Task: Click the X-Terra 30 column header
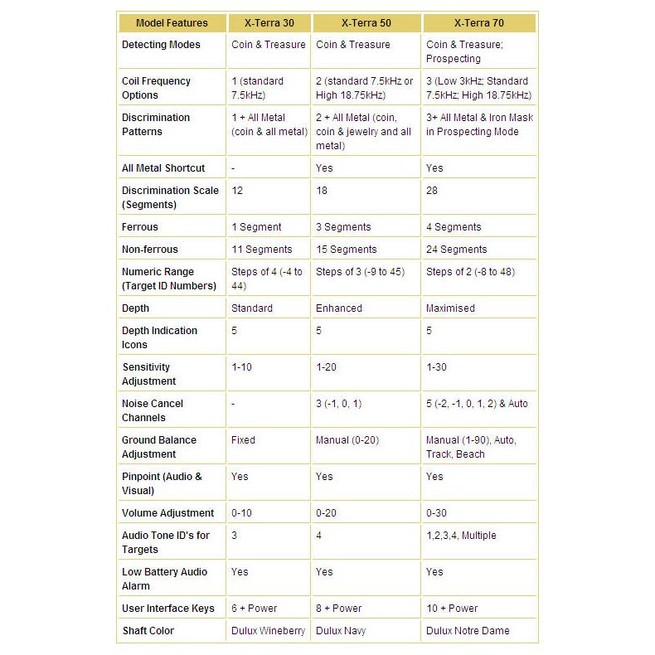pos(268,23)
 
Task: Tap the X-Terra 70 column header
pos(479,23)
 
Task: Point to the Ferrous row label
pos(139,227)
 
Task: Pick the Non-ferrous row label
pos(150,250)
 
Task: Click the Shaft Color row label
pos(148,631)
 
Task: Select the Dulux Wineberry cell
pos(268,631)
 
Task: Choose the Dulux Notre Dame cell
pos(468,631)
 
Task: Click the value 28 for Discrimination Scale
pos(432,191)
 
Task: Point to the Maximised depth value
pos(450,308)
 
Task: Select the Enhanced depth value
pos(339,308)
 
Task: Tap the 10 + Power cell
pos(452,609)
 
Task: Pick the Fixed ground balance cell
pos(244,440)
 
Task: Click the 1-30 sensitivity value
pos(437,367)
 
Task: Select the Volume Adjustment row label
pos(168,513)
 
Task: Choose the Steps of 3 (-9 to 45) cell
pos(361,272)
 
